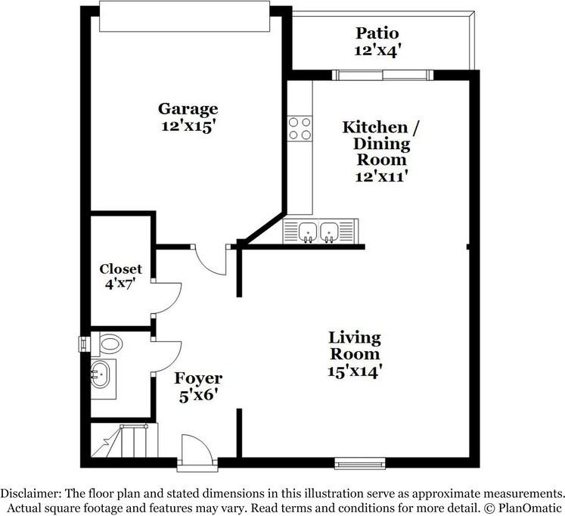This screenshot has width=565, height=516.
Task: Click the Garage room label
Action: click(x=188, y=109)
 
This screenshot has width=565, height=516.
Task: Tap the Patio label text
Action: click(x=377, y=34)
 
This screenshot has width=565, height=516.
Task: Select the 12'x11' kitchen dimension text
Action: click(x=376, y=176)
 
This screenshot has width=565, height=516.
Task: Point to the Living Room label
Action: click(x=354, y=347)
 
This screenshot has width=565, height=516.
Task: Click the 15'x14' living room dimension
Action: click(x=354, y=371)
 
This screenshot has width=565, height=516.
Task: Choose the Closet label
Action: click(x=121, y=269)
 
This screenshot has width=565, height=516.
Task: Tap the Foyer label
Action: click(x=198, y=378)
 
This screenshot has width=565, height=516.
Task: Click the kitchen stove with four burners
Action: click(x=300, y=129)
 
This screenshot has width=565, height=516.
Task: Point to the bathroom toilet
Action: click(x=108, y=344)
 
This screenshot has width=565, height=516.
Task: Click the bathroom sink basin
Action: click(x=101, y=375)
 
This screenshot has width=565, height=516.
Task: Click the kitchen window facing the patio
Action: click(x=383, y=75)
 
